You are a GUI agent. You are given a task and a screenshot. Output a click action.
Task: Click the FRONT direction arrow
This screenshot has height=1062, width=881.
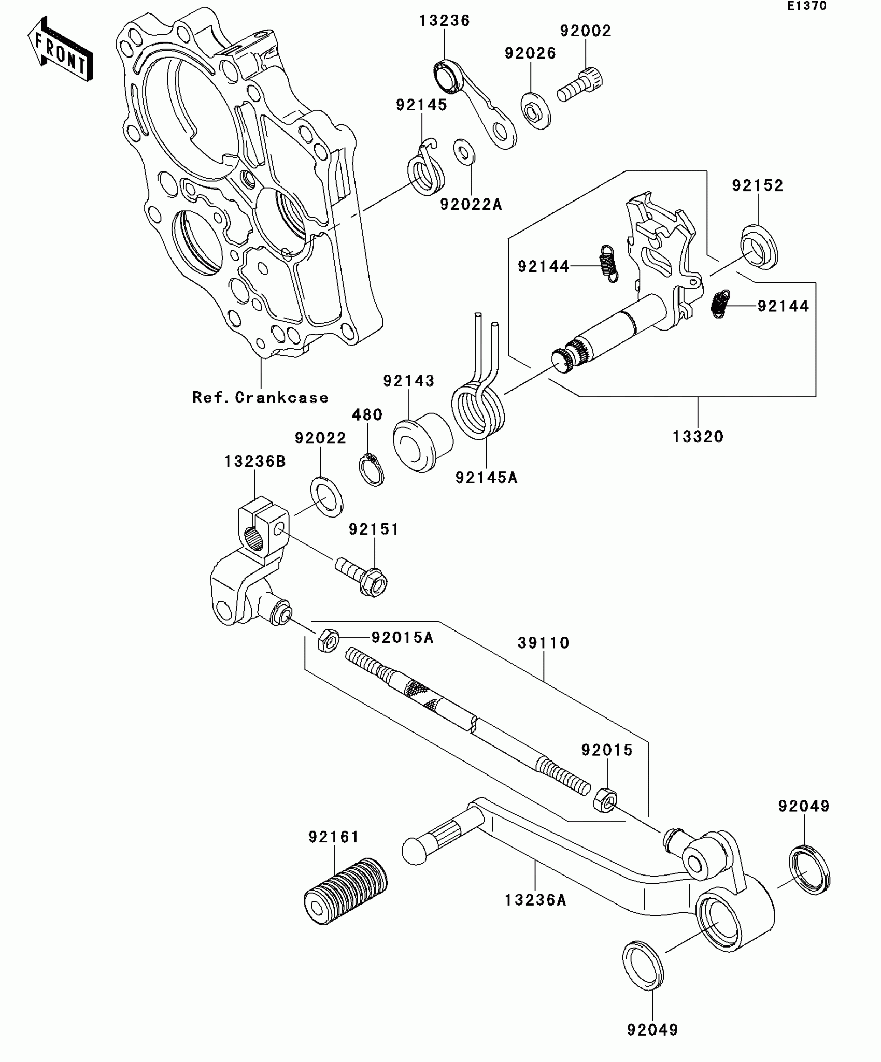point(60,49)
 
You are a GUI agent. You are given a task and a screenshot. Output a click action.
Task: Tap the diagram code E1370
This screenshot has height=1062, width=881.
point(807,6)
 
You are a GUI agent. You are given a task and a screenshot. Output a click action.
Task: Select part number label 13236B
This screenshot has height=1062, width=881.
point(255,462)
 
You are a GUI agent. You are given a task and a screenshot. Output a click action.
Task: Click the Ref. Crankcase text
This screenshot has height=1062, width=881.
point(261,397)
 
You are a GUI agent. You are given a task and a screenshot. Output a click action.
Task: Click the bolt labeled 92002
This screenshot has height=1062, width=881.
point(579,87)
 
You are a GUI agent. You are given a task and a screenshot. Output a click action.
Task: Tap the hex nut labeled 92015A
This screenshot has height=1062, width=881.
point(328,640)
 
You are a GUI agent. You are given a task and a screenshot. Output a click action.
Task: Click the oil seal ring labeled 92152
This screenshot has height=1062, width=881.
point(759,247)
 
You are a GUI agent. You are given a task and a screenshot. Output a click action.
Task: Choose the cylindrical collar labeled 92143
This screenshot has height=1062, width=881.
point(422,442)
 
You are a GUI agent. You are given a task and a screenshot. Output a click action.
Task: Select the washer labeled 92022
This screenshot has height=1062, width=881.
point(326,496)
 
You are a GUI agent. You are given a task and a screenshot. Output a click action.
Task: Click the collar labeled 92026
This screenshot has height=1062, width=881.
point(535,110)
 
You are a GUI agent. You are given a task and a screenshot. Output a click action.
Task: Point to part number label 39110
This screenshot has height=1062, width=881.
point(544,643)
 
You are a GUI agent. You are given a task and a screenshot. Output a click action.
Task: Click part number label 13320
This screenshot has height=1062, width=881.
point(698,437)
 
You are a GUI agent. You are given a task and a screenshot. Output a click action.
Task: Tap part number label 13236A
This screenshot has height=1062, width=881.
point(535,900)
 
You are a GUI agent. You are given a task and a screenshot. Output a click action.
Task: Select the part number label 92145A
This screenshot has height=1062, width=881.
point(486,478)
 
